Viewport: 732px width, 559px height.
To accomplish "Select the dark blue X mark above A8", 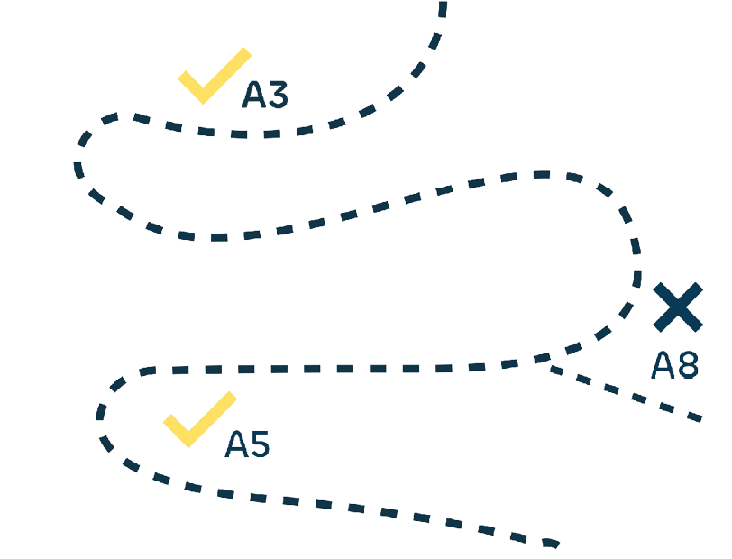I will pos(678,307).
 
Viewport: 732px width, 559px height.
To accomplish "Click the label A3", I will pos(265,95).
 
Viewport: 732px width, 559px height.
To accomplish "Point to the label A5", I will pos(248,444).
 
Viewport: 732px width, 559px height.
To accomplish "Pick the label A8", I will pos(675,365).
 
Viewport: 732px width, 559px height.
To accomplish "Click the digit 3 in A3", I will pos(277,95).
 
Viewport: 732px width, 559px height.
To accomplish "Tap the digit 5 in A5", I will pos(260,444).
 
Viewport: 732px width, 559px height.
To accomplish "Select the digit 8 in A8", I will pos(688,365).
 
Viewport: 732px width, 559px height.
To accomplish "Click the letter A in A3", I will pos(253,95).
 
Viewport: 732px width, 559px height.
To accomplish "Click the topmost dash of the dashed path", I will pos(443,9).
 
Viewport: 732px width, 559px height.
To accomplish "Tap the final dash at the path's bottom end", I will pos(549,543).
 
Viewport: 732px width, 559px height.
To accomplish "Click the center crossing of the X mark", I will pos(678,307).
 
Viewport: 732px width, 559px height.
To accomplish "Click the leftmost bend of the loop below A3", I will pos(78,168).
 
